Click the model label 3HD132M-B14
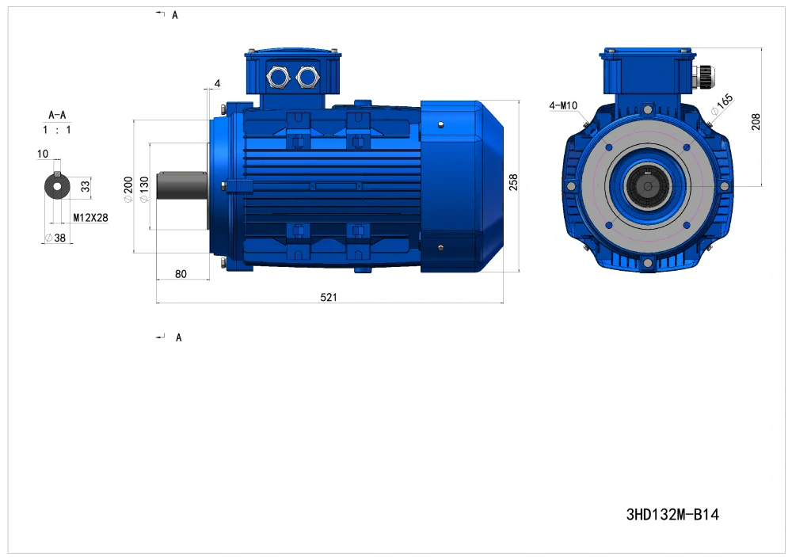click(672, 515)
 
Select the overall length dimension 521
click(329, 297)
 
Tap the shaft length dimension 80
click(181, 274)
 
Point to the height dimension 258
click(513, 182)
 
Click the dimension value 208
click(756, 122)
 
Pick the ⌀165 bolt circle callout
click(722, 105)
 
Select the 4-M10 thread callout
click(562, 105)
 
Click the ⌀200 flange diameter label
click(128, 189)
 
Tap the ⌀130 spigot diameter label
click(144, 189)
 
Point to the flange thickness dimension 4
click(217, 83)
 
